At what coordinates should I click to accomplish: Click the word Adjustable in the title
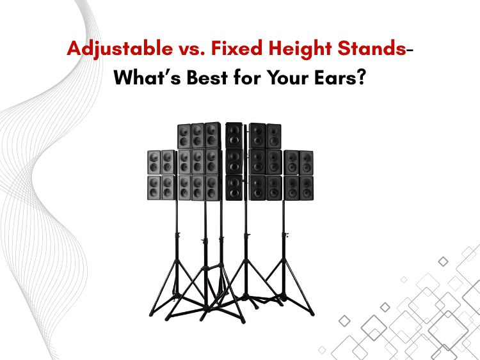[120, 49]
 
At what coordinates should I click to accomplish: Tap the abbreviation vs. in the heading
[192, 49]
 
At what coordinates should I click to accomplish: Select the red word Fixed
[237, 49]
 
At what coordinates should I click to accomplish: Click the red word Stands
[372, 49]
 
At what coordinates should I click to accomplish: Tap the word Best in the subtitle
[207, 77]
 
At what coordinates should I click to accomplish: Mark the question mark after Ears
[361, 77]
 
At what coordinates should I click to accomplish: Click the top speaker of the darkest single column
[234, 136]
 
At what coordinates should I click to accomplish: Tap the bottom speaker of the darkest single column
[234, 188]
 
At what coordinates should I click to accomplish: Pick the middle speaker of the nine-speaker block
[198, 162]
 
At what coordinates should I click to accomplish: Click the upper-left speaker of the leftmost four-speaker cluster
[154, 162]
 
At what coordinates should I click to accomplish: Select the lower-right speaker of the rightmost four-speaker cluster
[307, 188]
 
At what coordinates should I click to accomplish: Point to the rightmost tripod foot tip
[312, 314]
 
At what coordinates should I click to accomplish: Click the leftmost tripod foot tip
[150, 315]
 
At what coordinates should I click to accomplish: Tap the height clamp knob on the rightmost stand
[287, 235]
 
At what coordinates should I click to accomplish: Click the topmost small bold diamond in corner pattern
[443, 262]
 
